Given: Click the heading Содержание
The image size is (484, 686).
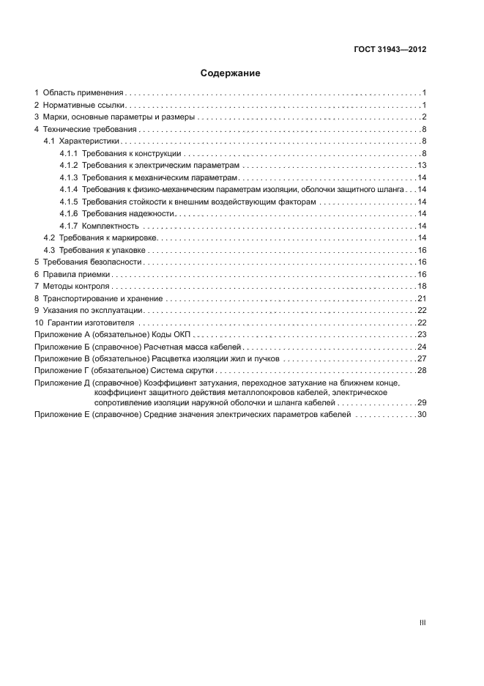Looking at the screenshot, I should coord(231,73).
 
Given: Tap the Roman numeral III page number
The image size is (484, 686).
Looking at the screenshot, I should coord(422,622).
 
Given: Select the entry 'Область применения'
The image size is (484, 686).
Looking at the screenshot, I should coord(83,93).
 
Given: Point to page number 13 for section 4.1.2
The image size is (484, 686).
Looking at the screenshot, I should coord(422,165).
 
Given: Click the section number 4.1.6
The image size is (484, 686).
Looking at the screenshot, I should coord(69,213).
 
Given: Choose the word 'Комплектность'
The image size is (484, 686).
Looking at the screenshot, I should coord(111,226).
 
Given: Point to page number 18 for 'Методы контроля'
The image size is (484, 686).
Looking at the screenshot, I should coord(422,286).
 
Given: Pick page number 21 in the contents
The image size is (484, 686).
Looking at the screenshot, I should coord(422,298).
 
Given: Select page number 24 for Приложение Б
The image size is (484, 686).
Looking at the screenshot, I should coord(422,347).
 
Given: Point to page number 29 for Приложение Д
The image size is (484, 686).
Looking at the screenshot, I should coord(422,403).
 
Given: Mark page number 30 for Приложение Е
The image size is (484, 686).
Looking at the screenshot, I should coord(422,415).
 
